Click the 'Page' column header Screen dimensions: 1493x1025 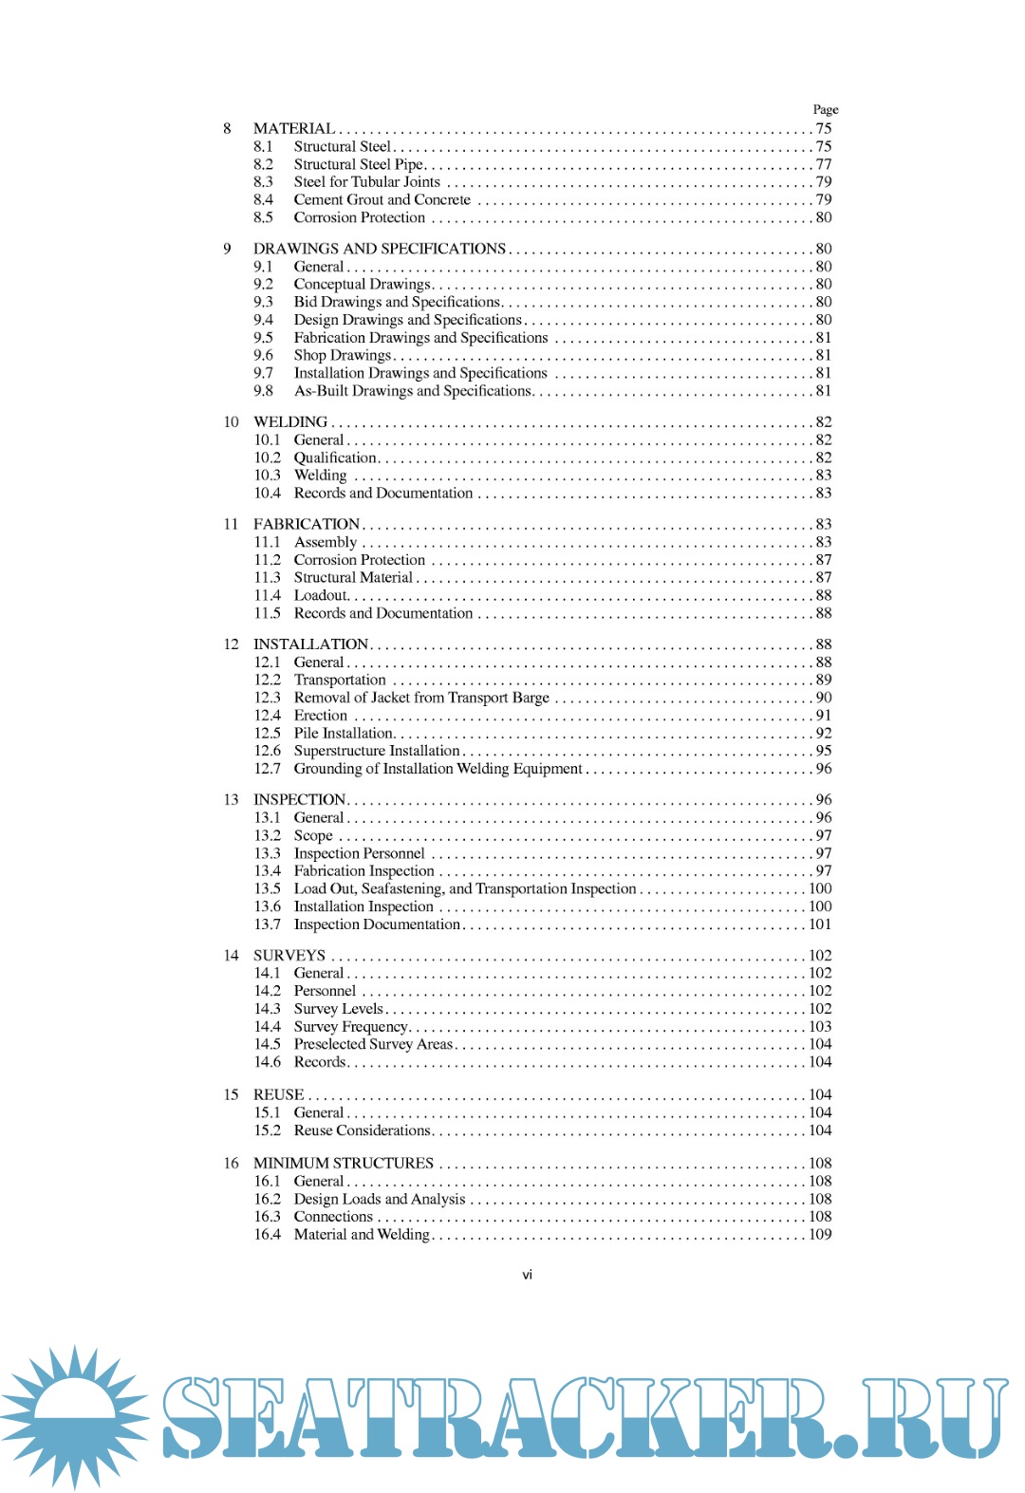(825, 109)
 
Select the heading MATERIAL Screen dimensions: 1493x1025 (293, 128)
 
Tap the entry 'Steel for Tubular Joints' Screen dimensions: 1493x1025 (366, 181)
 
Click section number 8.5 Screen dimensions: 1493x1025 (263, 217)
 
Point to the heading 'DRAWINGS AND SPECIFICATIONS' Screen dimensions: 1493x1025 (379, 249)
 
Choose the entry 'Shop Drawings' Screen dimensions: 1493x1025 (342, 355)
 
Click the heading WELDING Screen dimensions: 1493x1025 (289, 421)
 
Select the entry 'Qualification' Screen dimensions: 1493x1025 (335, 457)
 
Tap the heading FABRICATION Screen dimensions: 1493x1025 (306, 524)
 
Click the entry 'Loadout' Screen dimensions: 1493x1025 (321, 595)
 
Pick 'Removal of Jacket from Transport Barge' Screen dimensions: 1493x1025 (421, 698)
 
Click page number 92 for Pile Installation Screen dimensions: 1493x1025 (823, 733)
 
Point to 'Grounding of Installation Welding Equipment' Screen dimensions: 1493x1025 (438, 769)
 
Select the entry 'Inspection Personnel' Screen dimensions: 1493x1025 (359, 853)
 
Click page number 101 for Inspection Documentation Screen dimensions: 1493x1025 (819, 924)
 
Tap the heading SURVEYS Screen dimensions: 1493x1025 (289, 955)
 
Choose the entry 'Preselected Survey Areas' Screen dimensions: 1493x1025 (373, 1044)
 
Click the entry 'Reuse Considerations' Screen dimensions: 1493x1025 (362, 1130)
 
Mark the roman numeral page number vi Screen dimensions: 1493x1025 (527, 1275)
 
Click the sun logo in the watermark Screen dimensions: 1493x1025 (74, 1414)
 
